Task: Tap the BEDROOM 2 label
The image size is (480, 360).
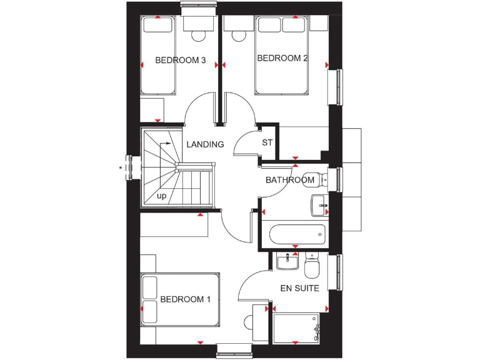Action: coord(282,58)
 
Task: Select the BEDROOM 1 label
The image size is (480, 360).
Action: coord(185,299)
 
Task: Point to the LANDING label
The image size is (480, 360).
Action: coord(205,144)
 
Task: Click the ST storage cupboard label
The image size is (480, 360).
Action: coord(267,142)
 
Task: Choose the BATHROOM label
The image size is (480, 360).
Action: coord(289,180)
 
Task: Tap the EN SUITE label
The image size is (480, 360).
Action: coord(300,289)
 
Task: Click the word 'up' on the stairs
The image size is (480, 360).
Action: coord(162,196)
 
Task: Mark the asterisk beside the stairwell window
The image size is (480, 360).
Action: coord(121,167)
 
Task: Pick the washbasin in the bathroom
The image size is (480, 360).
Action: coord(319,204)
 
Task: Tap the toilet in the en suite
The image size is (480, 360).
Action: coord(312,266)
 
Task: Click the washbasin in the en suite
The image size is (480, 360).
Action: coord(288,261)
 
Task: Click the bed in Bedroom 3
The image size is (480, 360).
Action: coord(157,56)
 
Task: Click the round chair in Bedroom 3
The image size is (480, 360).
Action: coord(199,35)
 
